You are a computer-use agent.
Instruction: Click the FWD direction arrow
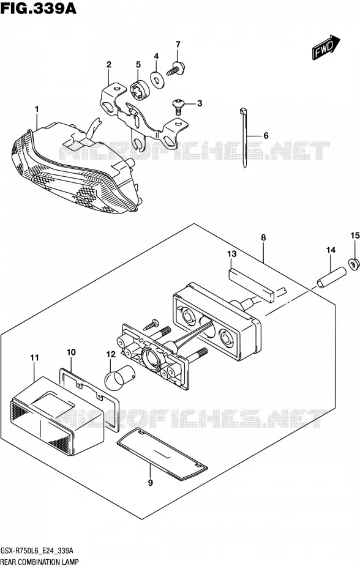[326, 47]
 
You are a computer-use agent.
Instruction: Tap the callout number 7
[178, 45]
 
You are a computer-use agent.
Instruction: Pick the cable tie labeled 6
[244, 138]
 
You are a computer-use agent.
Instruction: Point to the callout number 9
[151, 482]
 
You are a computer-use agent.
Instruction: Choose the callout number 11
[34, 357]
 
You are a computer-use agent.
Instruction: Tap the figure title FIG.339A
[39, 8]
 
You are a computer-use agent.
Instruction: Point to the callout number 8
[263, 237]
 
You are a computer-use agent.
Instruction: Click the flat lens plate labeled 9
[162, 453]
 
